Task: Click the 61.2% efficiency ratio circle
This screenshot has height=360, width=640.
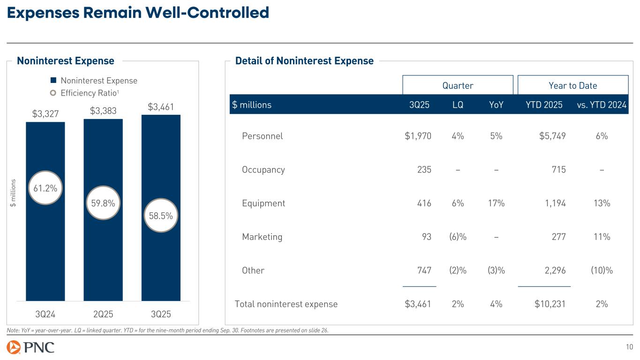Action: (x=45, y=188)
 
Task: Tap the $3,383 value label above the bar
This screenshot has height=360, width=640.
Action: (x=103, y=111)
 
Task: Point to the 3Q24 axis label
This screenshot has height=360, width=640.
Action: (x=45, y=313)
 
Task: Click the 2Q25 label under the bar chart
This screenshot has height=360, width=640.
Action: (x=103, y=313)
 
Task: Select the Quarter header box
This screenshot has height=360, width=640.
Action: (x=458, y=85)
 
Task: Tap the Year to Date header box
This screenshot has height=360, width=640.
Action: (x=572, y=85)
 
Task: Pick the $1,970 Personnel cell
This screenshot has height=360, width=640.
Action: (x=418, y=136)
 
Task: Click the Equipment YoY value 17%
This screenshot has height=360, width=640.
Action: (x=496, y=203)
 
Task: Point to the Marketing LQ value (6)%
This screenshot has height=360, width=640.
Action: (x=458, y=237)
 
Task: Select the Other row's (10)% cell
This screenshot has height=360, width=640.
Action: (x=602, y=270)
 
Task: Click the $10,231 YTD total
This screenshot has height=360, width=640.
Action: (x=550, y=304)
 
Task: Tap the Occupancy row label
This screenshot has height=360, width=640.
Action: (x=263, y=170)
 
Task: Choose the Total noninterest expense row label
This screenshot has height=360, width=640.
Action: (x=286, y=304)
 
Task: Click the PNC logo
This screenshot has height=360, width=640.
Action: (x=31, y=348)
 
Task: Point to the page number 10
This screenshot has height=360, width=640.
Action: (x=629, y=347)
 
